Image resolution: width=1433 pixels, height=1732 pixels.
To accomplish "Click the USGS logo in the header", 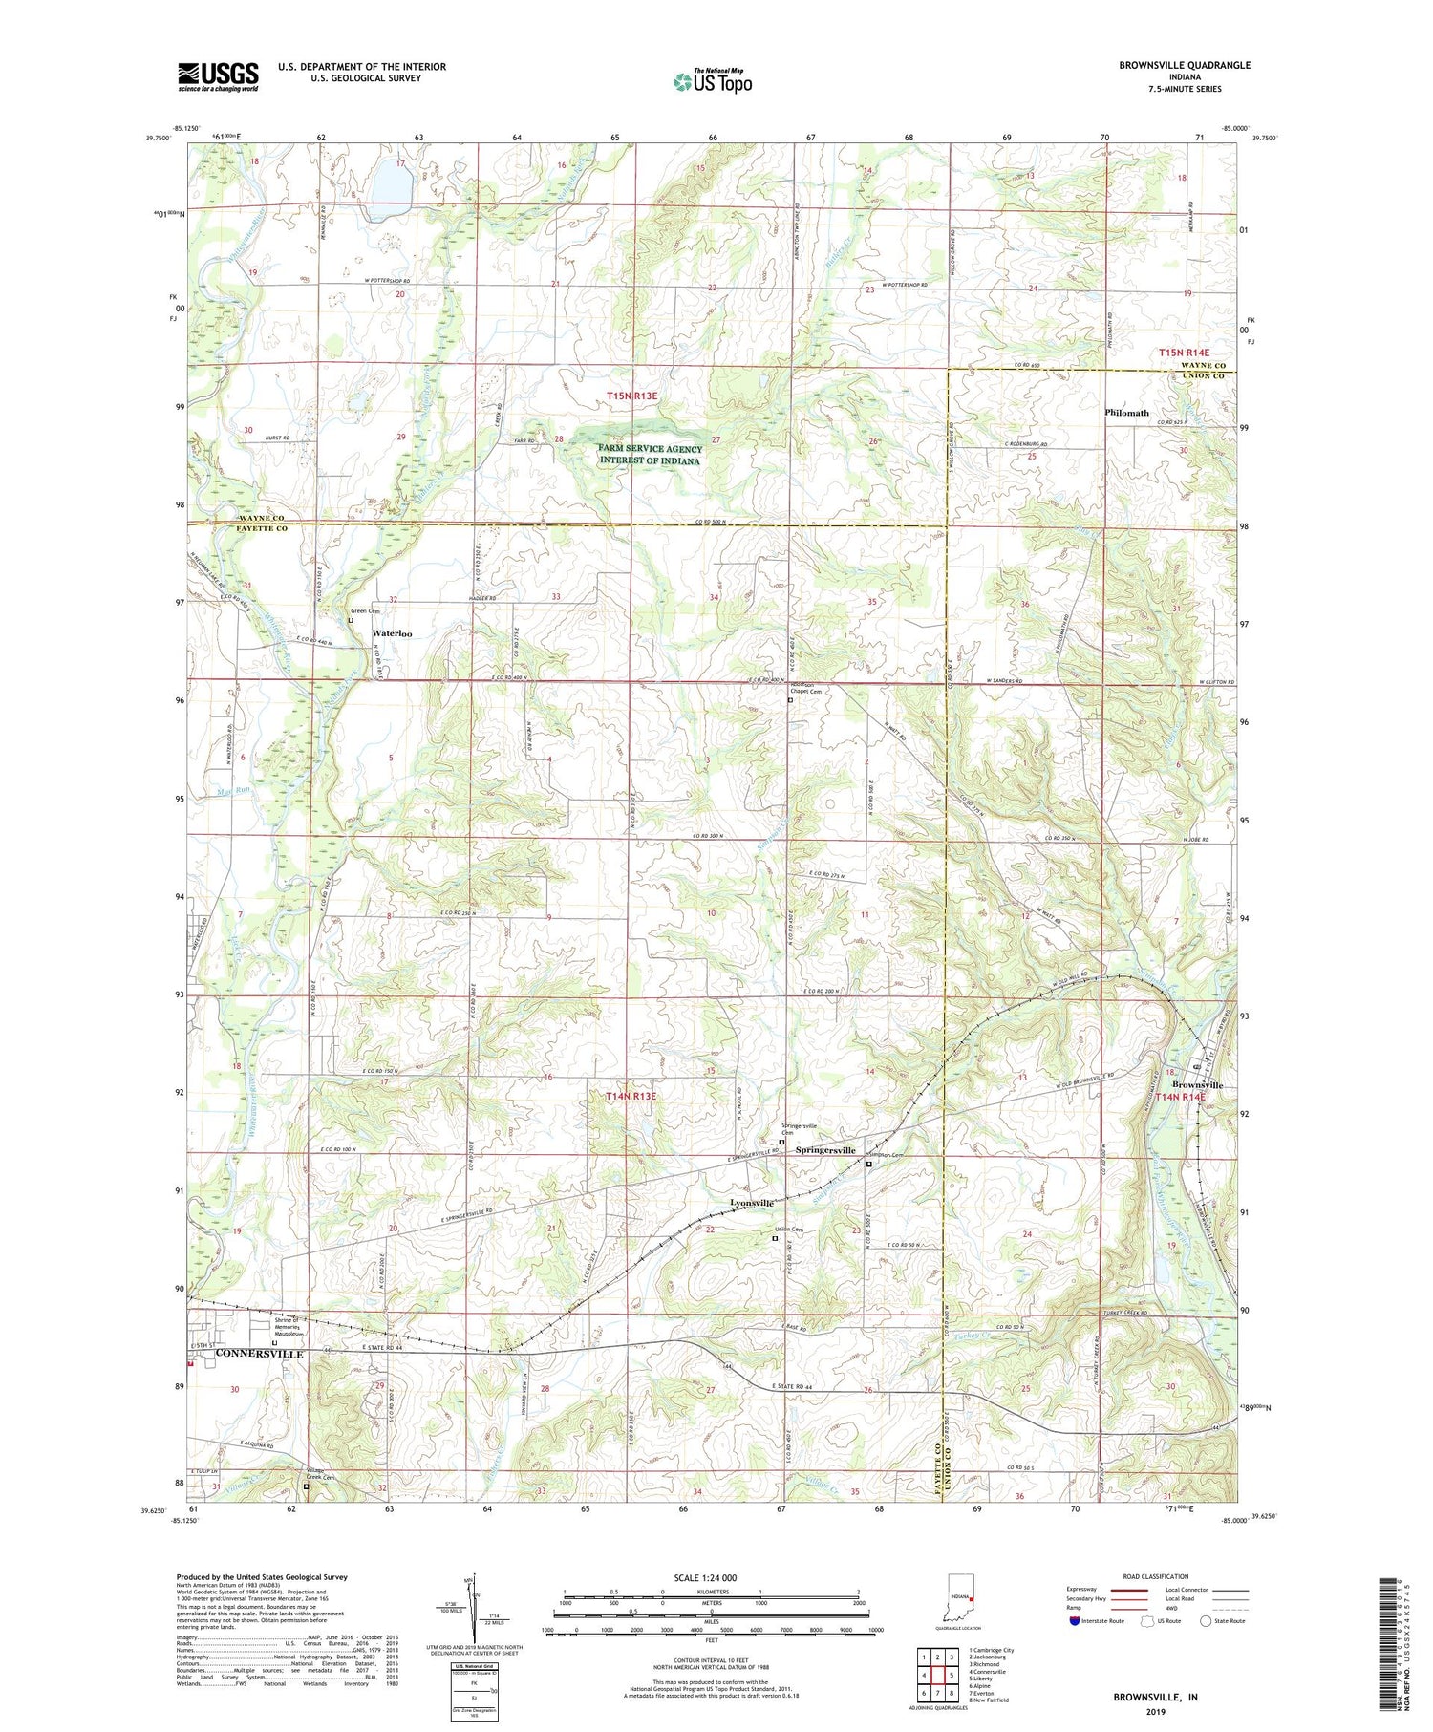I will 218,76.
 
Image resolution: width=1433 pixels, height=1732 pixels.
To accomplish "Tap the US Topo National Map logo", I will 711,81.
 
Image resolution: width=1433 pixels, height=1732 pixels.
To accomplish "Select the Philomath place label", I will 1126,413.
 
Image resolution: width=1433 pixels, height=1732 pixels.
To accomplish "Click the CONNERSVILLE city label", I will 259,1354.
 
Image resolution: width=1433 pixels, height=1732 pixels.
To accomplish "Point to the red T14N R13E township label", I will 631,1096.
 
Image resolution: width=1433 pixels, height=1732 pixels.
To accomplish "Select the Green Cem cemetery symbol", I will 351,620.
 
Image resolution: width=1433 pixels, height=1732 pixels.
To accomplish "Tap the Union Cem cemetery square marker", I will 775,1239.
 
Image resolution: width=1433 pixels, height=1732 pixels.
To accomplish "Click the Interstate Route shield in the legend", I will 1073,1621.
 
